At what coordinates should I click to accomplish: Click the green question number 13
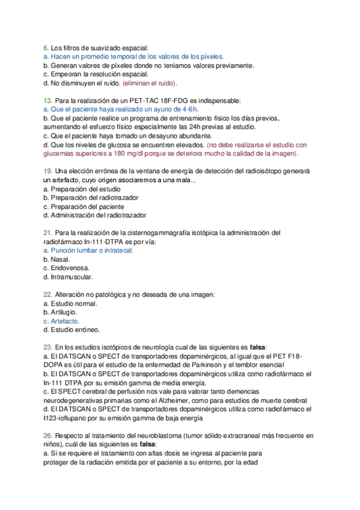point(48,102)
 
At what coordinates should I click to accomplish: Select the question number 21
point(48,232)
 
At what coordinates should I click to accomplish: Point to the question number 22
point(48,295)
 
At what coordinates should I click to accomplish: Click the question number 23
point(48,347)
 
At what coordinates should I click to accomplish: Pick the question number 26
point(48,435)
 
